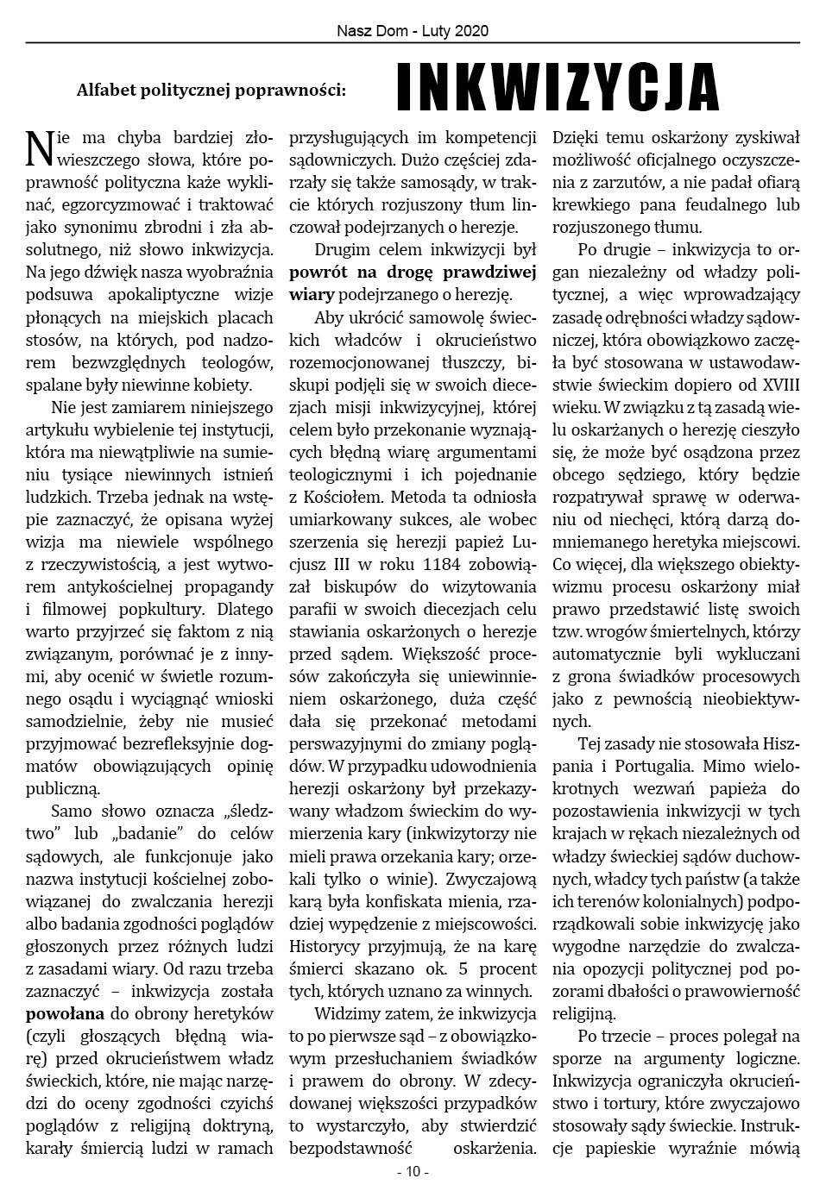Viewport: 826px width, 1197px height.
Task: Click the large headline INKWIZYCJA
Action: click(558, 88)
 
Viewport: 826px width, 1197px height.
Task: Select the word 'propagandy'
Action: click(227, 586)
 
